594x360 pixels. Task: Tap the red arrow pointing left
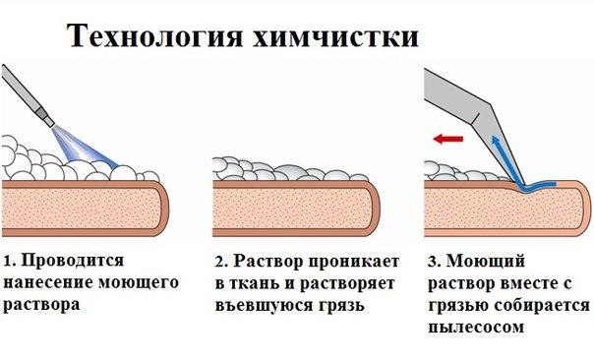pyautogui.click(x=447, y=141)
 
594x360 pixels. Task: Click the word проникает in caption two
pyautogui.click(x=350, y=264)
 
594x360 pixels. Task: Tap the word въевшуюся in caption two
pyautogui.click(x=257, y=305)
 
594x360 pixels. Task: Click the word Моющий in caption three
pyautogui.click(x=484, y=264)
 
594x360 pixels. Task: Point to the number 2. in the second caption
pyautogui.click(x=221, y=264)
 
